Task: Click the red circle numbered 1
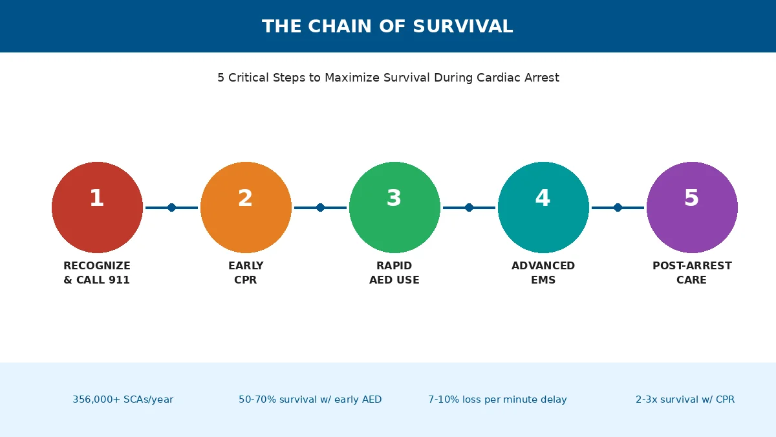click(x=97, y=207)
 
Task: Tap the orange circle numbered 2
click(x=246, y=207)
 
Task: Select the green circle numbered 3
click(x=394, y=207)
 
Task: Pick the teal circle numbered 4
click(x=543, y=207)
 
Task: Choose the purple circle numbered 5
click(x=692, y=207)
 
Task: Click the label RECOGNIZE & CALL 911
click(x=97, y=273)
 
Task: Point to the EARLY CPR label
click(x=246, y=273)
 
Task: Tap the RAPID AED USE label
click(x=394, y=273)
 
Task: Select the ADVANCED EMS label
click(x=543, y=273)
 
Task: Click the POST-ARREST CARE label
click(x=692, y=273)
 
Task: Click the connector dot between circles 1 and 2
click(x=171, y=207)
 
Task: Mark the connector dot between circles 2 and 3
click(x=320, y=207)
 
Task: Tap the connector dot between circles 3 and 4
click(x=469, y=207)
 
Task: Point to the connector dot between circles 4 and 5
click(x=618, y=207)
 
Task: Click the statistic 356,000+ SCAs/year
click(x=123, y=399)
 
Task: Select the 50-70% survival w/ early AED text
click(x=310, y=399)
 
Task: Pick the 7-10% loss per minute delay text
click(x=497, y=399)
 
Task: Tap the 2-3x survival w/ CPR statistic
click(x=685, y=399)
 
